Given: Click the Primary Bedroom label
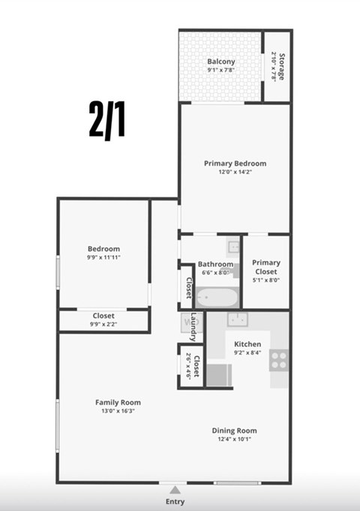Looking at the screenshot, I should [x=235, y=163].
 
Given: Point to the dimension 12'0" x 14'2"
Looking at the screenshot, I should [x=235, y=172].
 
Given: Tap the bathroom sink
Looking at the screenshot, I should [x=233, y=245].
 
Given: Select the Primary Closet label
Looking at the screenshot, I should [x=266, y=268].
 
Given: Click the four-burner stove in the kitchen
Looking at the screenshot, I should [x=279, y=359].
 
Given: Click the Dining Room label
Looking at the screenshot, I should [x=235, y=431].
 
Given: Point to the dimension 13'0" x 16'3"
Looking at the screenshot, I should [x=118, y=411].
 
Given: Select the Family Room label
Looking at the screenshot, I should [x=118, y=402].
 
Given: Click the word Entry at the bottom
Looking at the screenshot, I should [x=175, y=502].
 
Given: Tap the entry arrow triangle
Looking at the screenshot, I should [x=175, y=489].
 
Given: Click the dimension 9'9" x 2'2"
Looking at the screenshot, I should [x=103, y=324].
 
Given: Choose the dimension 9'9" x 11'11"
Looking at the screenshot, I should [x=103, y=257].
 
